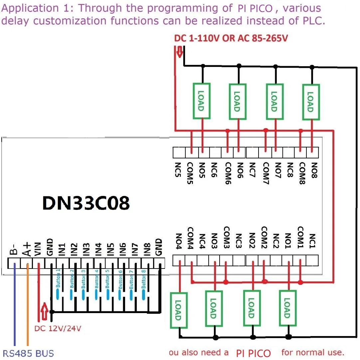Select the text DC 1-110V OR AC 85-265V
(231, 38)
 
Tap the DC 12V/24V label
(58, 328)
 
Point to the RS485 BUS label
(28, 353)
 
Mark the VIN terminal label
(38, 248)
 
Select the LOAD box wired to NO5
(201, 101)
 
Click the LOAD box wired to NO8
(311, 102)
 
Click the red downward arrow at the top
(180, 52)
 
